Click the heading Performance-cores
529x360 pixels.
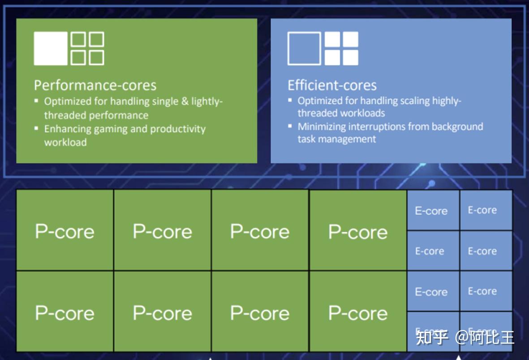95,85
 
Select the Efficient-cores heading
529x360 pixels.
332,85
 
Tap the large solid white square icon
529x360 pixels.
51,48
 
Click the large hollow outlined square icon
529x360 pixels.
304,48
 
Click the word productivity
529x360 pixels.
178,130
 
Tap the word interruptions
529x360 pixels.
384,127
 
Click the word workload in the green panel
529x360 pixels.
65,143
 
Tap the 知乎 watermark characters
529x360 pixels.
432,337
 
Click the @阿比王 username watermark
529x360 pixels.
485,337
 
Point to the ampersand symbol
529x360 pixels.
185,101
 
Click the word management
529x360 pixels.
347,139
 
